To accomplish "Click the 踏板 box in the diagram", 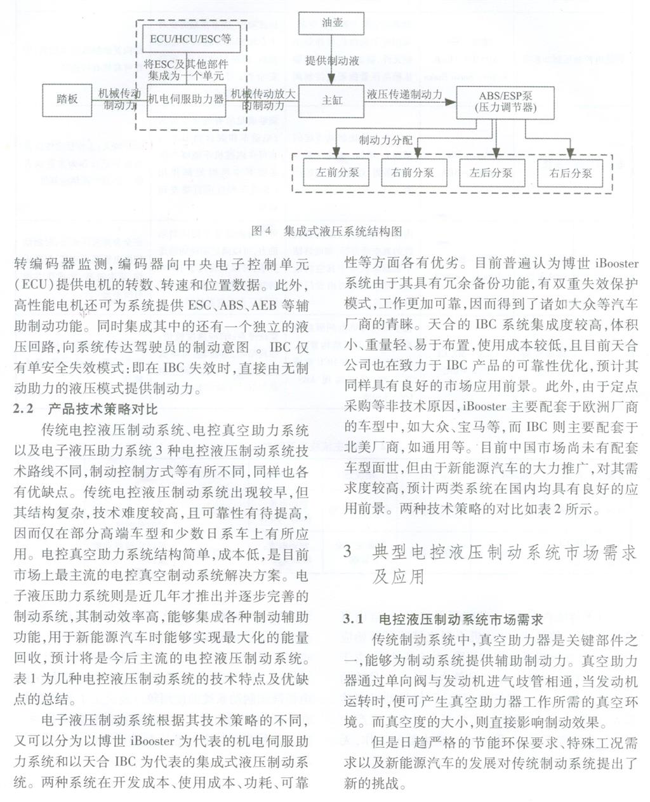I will (67, 99).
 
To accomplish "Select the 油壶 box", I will (332, 23).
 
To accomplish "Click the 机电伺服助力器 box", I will (186, 100).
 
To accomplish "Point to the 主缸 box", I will (332, 100).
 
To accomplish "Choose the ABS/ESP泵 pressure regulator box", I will (505, 102).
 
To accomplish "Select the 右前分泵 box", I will (413, 172).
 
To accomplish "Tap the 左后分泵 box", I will (491, 172).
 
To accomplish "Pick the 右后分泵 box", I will (571, 172).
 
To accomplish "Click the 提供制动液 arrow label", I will (332, 61).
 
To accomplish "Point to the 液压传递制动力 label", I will (404, 94).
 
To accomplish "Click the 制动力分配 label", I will (385, 140).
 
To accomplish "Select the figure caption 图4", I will (261, 231).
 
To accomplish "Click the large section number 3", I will (348, 552).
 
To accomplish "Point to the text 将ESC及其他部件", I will (185, 64).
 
